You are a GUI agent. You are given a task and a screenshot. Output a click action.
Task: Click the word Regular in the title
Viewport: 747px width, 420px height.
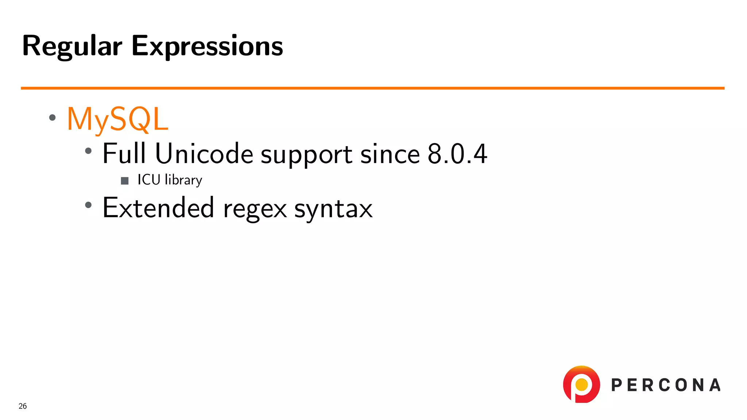point(72,46)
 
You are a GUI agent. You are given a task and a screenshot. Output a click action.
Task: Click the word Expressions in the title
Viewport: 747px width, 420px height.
point(207,46)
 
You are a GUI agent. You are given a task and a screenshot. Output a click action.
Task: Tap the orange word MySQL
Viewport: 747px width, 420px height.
point(117,119)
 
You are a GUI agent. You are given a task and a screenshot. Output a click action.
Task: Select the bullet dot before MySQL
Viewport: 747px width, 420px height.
point(53,117)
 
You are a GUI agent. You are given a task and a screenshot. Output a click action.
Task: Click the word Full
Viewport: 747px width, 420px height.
point(124,153)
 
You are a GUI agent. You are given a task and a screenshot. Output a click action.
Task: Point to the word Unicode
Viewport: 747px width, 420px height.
point(204,153)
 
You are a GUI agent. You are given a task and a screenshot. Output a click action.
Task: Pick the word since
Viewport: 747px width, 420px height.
point(390,153)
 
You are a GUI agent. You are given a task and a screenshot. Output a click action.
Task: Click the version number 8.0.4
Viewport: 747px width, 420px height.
point(457,153)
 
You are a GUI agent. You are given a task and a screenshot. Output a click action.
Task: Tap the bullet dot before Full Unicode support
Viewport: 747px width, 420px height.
point(88,151)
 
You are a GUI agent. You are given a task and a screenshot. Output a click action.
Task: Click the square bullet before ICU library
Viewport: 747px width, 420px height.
point(125,181)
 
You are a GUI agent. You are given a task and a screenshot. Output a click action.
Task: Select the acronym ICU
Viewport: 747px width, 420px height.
point(149,180)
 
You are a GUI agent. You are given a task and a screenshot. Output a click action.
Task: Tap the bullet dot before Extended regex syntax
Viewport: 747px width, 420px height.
point(88,205)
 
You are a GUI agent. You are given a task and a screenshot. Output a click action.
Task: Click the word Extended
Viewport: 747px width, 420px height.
point(158,207)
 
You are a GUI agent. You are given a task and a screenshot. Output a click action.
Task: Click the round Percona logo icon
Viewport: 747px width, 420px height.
point(581,384)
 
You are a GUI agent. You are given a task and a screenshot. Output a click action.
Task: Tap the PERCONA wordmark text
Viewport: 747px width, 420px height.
point(666,385)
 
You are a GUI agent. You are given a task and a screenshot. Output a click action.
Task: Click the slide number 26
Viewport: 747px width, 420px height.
point(23,406)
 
